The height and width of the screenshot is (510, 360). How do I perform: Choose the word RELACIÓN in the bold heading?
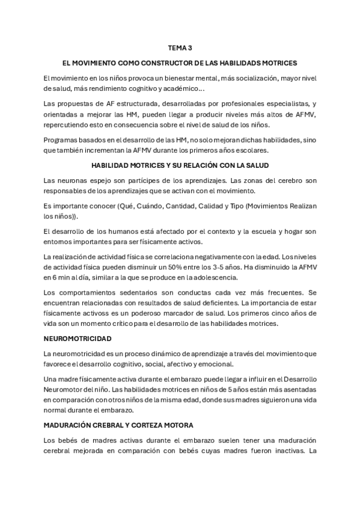(203, 165)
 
